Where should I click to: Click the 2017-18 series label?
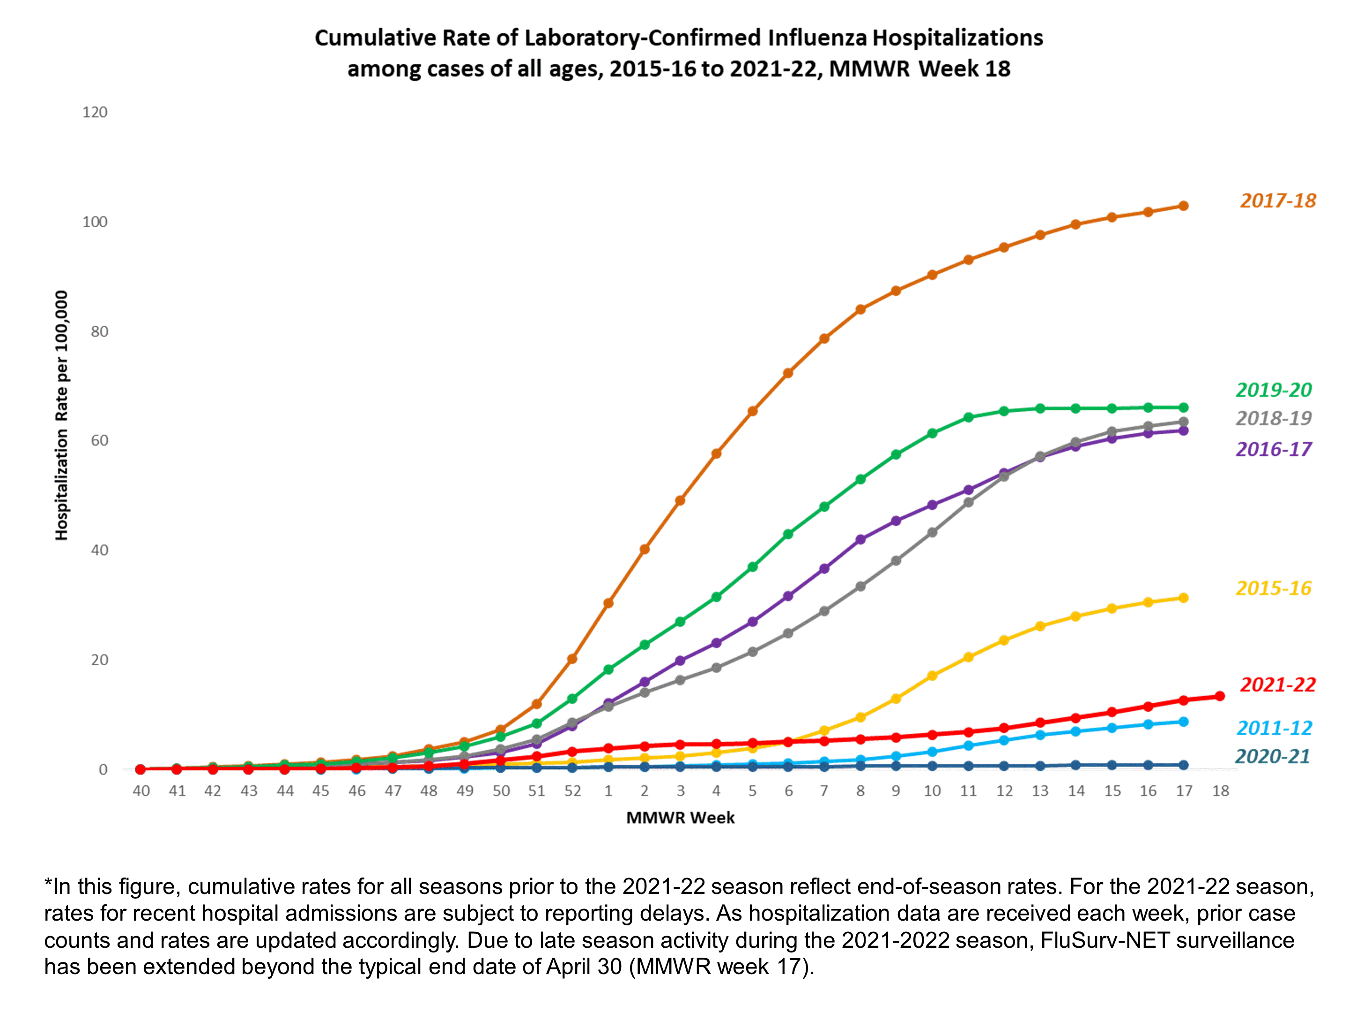(x=1278, y=201)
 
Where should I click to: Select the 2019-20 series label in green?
(x=1274, y=390)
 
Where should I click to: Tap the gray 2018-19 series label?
(x=1274, y=418)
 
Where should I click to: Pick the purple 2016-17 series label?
(x=1274, y=450)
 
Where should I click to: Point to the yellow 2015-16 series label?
(x=1274, y=588)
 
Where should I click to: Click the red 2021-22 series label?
(x=1278, y=685)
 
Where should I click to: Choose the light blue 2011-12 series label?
(x=1275, y=728)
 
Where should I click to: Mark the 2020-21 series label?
(x=1273, y=756)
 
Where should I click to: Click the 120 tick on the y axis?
(x=95, y=112)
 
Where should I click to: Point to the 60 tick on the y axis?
(x=99, y=440)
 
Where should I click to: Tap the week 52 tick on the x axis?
(x=572, y=791)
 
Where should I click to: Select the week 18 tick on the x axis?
(x=1220, y=791)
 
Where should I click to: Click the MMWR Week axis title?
(x=680, y=818)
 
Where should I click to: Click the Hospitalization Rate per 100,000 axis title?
(x=62, y=415)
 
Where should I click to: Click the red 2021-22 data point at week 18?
(x=1220, y=696)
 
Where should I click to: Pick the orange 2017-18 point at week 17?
(x=1184, y=206)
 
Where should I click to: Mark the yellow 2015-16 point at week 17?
(x=1184, y=598)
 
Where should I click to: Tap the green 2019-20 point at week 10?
(x=932, y=433)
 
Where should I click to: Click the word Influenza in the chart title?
(x=816, y=38)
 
